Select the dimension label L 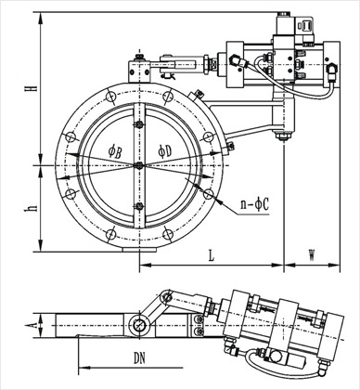pyautogui.click(x=211, y=255)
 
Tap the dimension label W pyautogui.click(x=312, y=255)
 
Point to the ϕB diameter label pyautogui.click(x=114, y=152)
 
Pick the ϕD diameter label pyautogui.click(x=164, y=151)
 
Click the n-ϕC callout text pyautogui.click(x=255, y=204)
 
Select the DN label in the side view pyautogui.click(x=139, y=358)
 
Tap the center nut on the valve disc pyautogui.click(x=139, y=166)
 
